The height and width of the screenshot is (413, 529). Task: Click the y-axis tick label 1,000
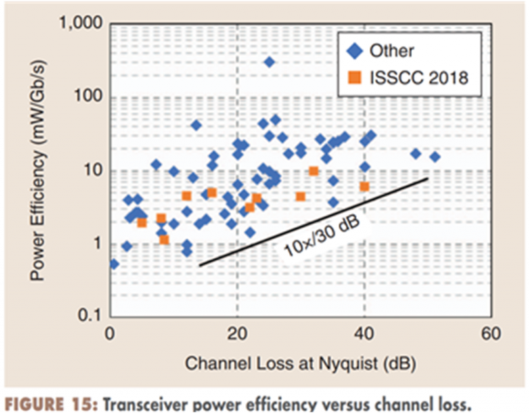pos(82,25)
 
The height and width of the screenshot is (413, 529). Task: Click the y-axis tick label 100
pos(88,97)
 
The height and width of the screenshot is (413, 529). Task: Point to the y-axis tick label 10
pos(93,171)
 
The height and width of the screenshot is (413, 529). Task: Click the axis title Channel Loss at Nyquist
pos(300,361)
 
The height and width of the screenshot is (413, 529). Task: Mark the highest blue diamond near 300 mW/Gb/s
pos(269,62)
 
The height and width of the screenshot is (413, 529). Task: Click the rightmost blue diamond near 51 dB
pos(435,157)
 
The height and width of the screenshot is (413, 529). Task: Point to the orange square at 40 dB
pos(364,187)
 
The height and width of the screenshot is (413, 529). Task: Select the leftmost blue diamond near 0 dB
pos(114,264)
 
